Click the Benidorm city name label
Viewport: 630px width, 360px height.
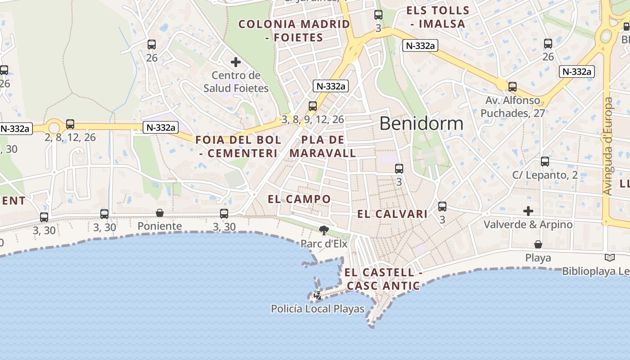click(x=421, y=123)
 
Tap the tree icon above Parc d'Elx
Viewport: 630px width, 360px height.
click(x=324, y=231)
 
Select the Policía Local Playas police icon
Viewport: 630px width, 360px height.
click(x=318, y=296)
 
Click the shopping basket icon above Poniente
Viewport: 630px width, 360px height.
click(x=160, y=213)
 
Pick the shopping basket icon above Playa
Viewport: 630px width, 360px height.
click(x=538, y=244)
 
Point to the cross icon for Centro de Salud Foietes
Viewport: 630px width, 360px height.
click(x=235, y=62)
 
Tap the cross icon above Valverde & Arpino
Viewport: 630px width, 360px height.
click(x=528, y=211)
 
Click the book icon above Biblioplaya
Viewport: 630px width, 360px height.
click(x=610, y=258)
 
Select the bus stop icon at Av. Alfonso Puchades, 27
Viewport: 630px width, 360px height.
click(x=513, y=87)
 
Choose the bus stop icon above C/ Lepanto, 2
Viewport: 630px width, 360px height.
click(x=545, y=162)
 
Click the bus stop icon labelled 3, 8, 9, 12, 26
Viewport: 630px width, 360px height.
click(x=313, y=106)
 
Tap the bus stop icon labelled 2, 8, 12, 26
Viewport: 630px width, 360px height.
click(x=70, y=124)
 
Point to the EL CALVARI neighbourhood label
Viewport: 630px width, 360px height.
click(x=392, y=214)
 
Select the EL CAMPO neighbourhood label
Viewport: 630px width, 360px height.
click(x=299, y=199)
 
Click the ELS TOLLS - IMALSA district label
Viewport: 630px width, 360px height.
click(x=437, y=17)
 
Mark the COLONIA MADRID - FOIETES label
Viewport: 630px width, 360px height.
click(x=294, y=31)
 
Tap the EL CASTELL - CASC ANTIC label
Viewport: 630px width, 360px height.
click(x=383, y=279)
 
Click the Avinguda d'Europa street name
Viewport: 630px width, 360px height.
click(x=608, y=146)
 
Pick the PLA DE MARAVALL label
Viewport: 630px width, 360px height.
click(x=323, y=146)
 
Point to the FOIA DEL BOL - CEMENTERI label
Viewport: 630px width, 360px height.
click(x=238, y=146)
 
